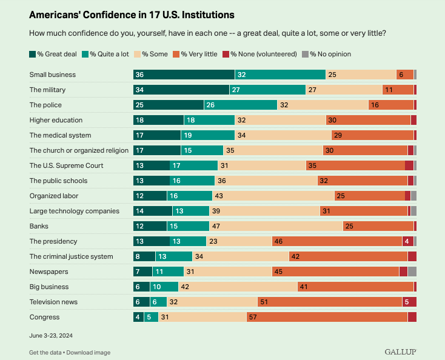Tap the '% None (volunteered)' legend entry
[x=259, y=54]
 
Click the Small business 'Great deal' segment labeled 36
[x=184, y=75]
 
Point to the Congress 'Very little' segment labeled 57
[x=327, y=317]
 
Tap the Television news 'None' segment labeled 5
[x=409, y=302]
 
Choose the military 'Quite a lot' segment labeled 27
[x=267, y=90]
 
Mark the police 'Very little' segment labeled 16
[x=391, y=105]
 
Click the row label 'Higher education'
[x=56, y=120]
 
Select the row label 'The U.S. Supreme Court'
[x=66, y=165]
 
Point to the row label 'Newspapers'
[x=49, y=272]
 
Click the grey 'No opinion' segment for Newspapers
[x=412, y=272]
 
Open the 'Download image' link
[x=89, y=352]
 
